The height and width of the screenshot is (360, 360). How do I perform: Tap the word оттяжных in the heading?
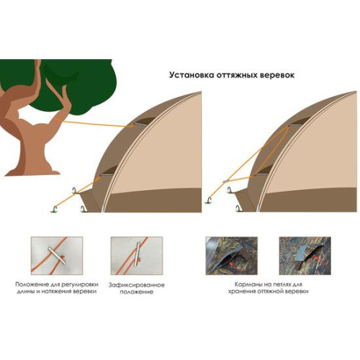[x=235, y=75]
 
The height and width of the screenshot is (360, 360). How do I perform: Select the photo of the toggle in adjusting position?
[x=57, y=256]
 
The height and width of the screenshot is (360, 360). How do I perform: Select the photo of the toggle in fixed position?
[x=137, y=256]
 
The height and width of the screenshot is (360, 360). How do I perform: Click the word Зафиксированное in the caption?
[x=137, y=285]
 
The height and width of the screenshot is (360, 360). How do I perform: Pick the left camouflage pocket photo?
[x=232, y=256]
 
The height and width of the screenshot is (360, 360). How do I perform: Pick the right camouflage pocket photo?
[x=305, y=256]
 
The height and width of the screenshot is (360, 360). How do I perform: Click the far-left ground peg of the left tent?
[x=54, y=209]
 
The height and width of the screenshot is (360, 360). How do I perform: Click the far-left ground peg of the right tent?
[x=209, y=201]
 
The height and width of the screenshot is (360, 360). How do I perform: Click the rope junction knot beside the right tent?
[x=225, y=181]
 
